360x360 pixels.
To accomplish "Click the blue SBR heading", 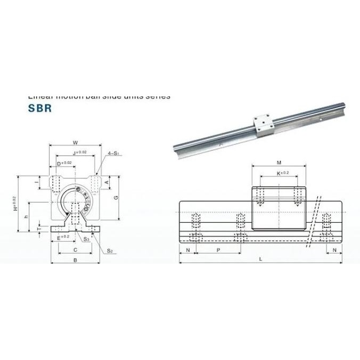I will pyautogui.click(x=39, y=106).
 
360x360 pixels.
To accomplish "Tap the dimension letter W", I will pyautogui.click(x=75, y=142).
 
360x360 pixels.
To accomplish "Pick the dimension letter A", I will pyautogui.click(x=107, y=182).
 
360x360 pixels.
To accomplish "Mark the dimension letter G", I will pyautogui.click(x=116, y=197).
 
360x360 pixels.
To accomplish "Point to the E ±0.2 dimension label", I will pyautogui.click(x=63, y=237).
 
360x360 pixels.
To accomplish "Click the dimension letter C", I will pyautogui.click(x=75, y=249).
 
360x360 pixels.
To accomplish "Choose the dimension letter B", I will pyautogui.click(x=75, y=260).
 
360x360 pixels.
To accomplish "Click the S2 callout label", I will pyautogui.click(x=109, y=250).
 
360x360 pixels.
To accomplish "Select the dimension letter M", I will pyautogui.click(x=280, y=163).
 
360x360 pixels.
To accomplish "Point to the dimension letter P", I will pyautogui.click(x=217, y=249).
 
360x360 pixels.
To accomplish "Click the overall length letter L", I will pyautogui.click(x=260, y=258).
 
